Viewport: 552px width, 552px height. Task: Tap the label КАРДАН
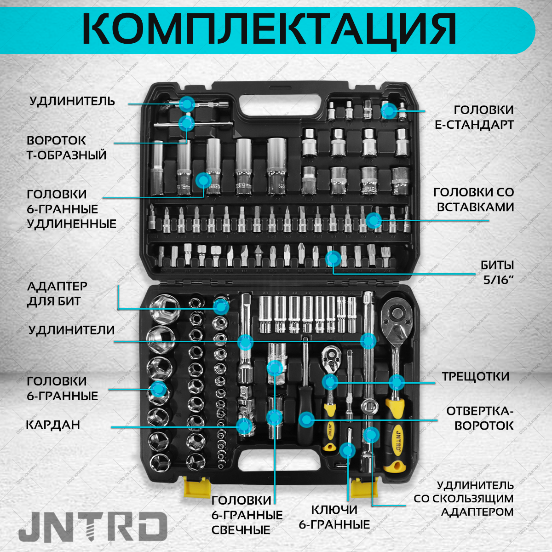pos(53,425)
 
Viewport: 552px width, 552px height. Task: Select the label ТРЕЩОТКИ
pos(476,376)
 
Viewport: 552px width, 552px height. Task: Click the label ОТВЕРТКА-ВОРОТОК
pos(480,418)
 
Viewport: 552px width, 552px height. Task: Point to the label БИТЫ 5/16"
pos(497,272)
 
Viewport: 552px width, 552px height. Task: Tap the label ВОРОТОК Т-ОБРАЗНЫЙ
pos(66,147)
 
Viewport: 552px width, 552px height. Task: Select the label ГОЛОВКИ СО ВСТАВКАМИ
pos(474,199)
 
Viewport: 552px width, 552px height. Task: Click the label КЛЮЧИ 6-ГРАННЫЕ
pos(334,517)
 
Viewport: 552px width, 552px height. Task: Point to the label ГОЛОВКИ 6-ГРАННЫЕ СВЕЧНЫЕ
pos(247,515)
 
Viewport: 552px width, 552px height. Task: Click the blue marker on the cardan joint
pos(244,425)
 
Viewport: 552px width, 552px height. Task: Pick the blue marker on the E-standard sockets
pos(389,110)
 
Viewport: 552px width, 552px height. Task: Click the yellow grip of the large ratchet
pos(395,442)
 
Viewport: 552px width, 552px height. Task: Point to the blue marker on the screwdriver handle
pos(306,419)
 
